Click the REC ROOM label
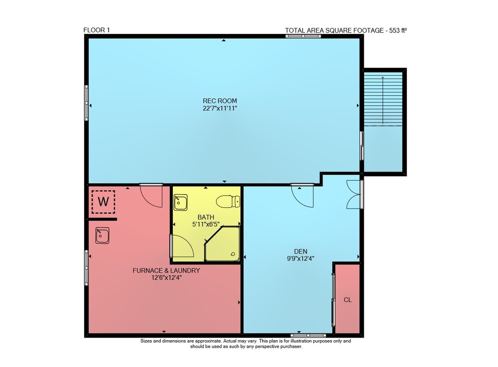click(x=220, y=101)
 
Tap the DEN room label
click(x=300, y=251)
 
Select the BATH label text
click(x=206, y=217)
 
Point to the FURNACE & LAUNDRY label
click(x=166, y=270)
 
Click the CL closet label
click(x=348, y=300)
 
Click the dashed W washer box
click(x=103, y=202)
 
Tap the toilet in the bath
click(x=228, y=201)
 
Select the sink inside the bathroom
click(x=180, y=202)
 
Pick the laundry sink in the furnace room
click(x=102, y=235)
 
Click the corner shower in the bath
click(x=222, y=244)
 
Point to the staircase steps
click(x=383, y=99)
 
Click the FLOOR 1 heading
click(x=97, y=30)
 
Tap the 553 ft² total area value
click(x=398, y=30)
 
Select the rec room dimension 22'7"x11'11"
click(x=220, y=108)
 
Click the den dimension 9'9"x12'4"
click(x=300, y=258)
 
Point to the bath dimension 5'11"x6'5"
click(x=206, y=224)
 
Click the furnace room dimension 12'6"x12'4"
click(x=166, y=278)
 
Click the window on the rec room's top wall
click(x=303, y=36)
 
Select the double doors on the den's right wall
click(x=353, y=194)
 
